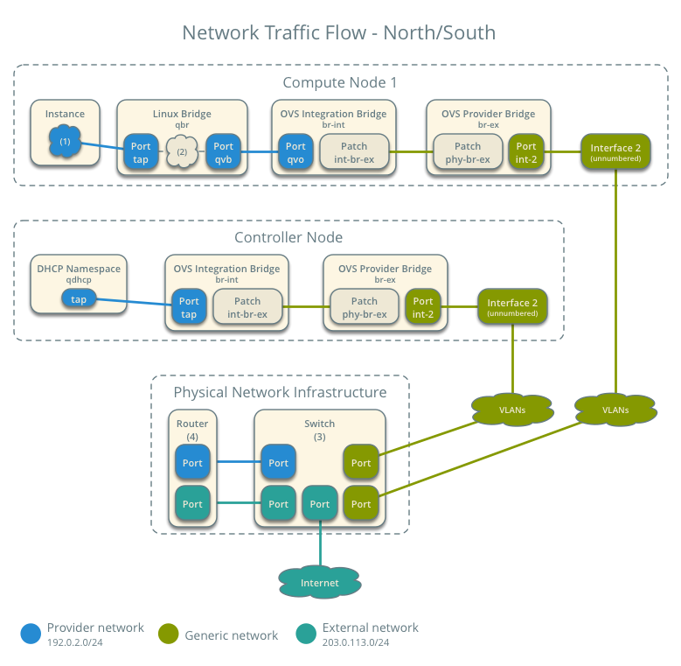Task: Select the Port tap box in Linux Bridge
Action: [141, 152]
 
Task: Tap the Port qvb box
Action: [223, 152]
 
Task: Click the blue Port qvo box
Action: [295, 152]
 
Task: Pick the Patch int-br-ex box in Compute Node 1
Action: [354, 152]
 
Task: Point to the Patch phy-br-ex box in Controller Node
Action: [365, 307]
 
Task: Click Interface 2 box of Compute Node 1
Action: [615, 151]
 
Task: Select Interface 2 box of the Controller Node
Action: [512, 306]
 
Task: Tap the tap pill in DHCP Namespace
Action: [79, 299]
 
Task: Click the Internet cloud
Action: [320, 582]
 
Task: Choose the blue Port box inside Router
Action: [192, 462]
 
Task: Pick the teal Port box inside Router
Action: [192, 504]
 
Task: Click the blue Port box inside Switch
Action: [278, 462]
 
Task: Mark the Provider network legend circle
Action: [31, 634]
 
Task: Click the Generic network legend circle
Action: [169, 634]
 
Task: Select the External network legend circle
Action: [306, 634]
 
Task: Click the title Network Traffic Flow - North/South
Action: [338, 33]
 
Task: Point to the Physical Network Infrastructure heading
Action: [280, 391]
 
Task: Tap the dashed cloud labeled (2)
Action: [182, 152]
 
